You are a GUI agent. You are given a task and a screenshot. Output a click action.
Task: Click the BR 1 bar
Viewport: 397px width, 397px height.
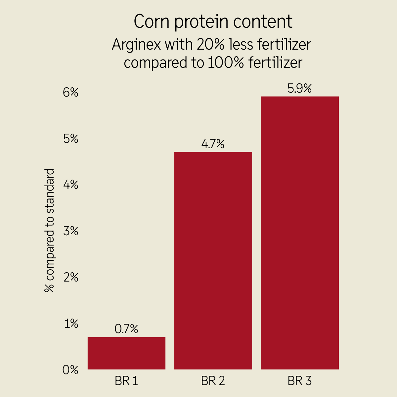click(126, 353)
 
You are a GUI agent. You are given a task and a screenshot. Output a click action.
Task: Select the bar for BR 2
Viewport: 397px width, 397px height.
click(213, 261)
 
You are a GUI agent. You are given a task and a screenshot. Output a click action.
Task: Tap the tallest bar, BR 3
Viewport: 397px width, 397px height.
click(300, 233)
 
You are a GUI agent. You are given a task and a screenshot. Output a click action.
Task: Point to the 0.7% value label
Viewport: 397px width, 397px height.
click(126, 329)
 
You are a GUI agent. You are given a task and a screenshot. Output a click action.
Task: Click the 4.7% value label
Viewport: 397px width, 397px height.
click(213, 144)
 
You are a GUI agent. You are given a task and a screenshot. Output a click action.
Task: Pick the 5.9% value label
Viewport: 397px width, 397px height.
click(300, 89)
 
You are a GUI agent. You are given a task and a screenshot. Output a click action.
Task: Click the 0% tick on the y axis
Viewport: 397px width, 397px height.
click(70, 370)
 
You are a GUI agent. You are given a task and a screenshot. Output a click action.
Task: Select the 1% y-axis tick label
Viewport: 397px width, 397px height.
click(71, 324)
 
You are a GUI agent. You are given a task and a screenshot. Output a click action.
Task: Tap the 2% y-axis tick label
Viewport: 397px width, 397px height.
click(70, 277)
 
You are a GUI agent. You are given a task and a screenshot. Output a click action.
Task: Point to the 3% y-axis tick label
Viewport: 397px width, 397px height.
click(70, 231)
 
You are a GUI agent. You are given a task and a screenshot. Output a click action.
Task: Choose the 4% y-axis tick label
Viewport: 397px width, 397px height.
click(70, 185)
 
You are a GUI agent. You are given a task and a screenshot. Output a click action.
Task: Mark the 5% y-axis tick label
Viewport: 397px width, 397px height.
click(70, 139)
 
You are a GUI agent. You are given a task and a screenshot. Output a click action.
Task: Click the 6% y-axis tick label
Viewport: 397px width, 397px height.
click(70, 92)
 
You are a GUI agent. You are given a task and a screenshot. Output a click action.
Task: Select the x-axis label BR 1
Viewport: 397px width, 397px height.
click(126, 381)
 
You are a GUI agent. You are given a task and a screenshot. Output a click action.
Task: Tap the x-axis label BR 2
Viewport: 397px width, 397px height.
click(213, 381)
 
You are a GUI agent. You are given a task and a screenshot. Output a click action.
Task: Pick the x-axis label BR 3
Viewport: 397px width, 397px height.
click(300, 381)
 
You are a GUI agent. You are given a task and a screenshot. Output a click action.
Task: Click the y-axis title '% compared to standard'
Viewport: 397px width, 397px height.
click(49, 231)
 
